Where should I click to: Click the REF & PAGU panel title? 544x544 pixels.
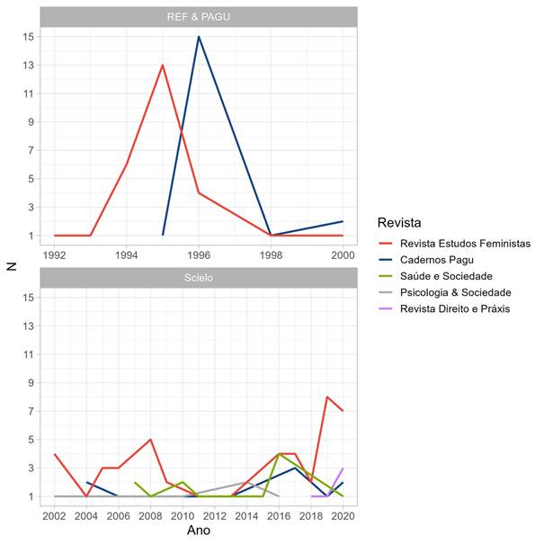point(199,17)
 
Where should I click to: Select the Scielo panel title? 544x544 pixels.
point(199,278)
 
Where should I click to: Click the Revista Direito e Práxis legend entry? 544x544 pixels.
point(456,308)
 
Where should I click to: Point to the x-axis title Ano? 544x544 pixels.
point(199,531)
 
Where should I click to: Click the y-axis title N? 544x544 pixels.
point(12,265)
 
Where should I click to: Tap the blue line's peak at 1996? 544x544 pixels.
point(199,37)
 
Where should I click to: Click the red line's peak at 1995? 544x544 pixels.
point(163,65)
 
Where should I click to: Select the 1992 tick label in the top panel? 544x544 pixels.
point(55,255)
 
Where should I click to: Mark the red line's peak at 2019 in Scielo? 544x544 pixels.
point(327,397)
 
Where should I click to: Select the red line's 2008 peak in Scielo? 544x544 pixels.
point(150,440)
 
